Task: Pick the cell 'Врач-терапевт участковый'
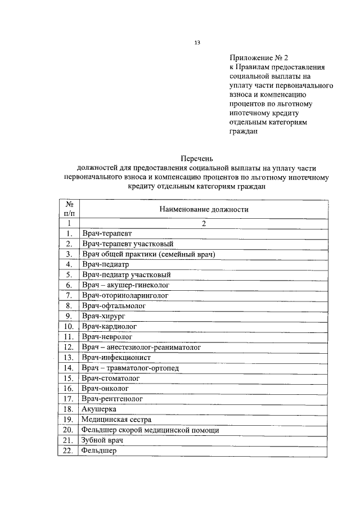point(127,244)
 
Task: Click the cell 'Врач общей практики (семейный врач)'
point(148,254)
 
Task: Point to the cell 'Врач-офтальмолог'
point(112,305)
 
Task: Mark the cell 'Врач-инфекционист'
point(116,357)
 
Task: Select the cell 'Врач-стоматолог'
point(110,378)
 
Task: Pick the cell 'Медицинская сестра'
point(116,420)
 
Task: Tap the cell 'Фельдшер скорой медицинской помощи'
point(150,430)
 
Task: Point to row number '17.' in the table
point(69,399)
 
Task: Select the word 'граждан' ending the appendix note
point(244,132)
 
